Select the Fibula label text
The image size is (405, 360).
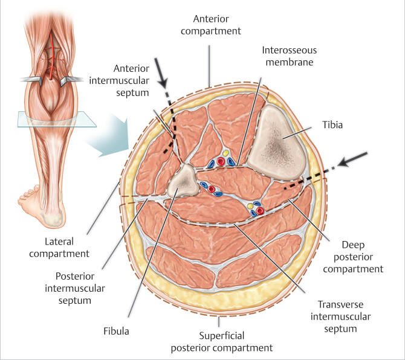(115, 331)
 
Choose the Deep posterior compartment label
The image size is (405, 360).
(353, 257)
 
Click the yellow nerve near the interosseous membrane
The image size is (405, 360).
(224, 153)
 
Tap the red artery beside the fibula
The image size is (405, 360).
(212, 190)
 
